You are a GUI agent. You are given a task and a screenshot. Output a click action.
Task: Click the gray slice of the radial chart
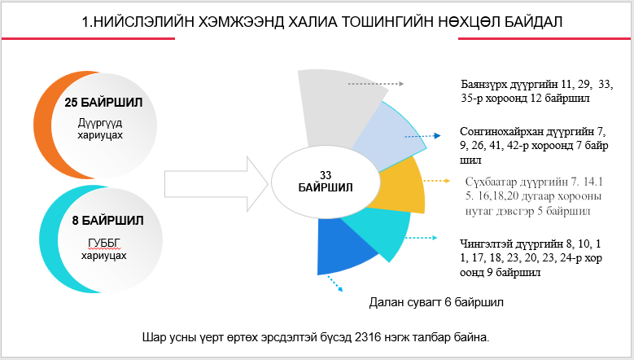[x=338, y=102]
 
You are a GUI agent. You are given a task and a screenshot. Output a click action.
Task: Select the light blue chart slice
[x=383, y=138]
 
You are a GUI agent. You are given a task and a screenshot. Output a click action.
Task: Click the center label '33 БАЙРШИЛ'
[x=326, y=181]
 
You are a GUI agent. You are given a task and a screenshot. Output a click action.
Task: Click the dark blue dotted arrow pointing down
[x=334, y=284]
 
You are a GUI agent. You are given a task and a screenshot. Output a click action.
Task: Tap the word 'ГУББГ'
[x=98, y=242]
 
